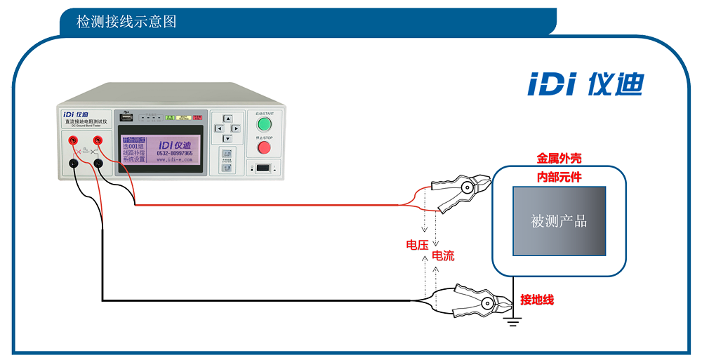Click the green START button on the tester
264,124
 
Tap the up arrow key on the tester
227,119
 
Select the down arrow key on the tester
227,138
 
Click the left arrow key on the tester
218,128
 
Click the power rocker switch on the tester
263,168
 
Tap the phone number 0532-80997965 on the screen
174,153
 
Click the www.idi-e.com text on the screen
174,160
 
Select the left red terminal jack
73,141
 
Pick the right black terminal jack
99,164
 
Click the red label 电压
417,245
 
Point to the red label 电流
443,256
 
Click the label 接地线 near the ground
537,300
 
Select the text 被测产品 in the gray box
559,222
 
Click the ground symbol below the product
515,323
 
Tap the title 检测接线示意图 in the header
126,22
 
